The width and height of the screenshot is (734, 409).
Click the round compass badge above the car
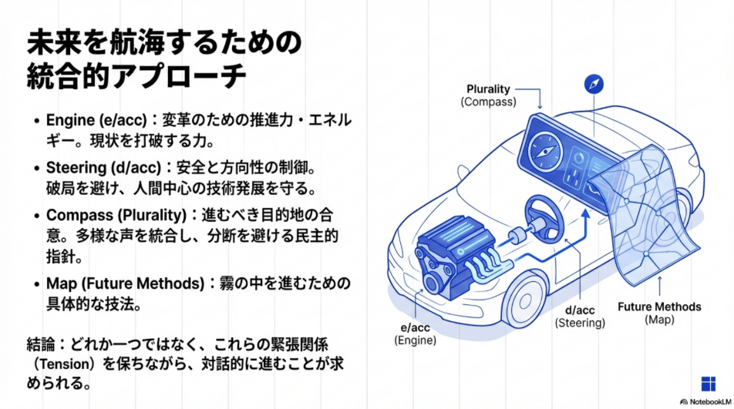pyautogui.click(x=594, y=84)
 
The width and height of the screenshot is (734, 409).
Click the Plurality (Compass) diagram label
pyautogui.click(x=488, y=95)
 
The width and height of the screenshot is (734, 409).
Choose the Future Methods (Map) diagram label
pyautogui.click(x=659, y=313)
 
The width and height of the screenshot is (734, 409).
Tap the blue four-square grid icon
pyautogui.click(x=709, y=384)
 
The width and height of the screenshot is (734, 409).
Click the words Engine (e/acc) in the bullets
pyautogui.click(x=93, y=121)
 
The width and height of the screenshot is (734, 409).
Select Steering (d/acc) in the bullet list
pyautogui.click(x=98, y=167)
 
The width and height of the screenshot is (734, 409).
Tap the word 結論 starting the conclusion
pyautogui.click(x=39, y=342)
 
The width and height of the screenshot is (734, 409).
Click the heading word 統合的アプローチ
pyautogui.click(x=136, y=76)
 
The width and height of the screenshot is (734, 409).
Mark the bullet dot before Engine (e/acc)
pyautogui.click(x=36, y=122)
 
